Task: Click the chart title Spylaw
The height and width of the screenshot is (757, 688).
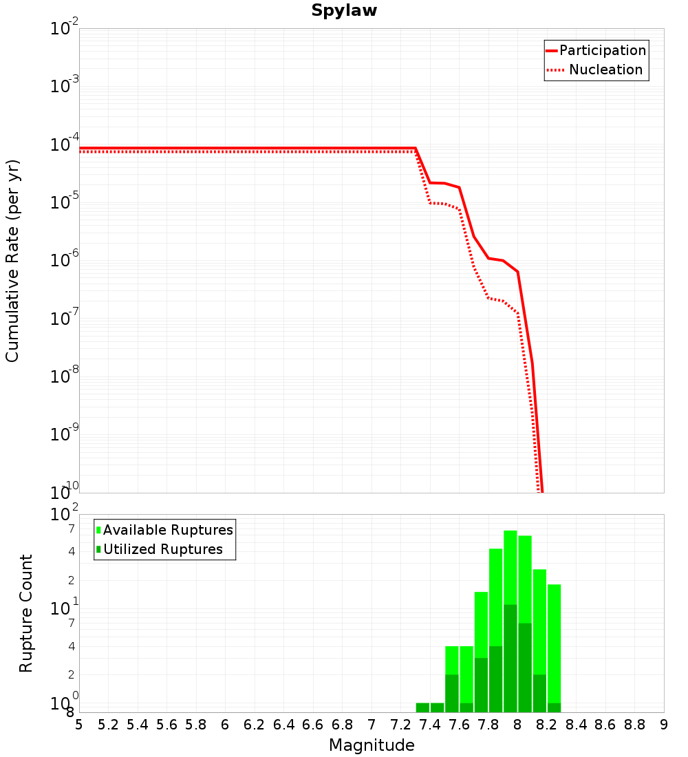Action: point(344,11)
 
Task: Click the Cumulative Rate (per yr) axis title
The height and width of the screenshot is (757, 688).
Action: point(12,261)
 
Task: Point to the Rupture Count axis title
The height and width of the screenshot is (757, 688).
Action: point(26,613)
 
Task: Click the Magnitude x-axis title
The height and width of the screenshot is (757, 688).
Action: point(372,745)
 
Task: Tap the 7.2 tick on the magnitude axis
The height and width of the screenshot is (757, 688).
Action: point(400,725)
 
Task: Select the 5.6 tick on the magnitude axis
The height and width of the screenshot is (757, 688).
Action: point(166,725)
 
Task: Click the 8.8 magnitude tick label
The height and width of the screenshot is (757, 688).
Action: point(634,725)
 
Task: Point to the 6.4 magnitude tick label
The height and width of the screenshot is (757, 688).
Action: point(283,725)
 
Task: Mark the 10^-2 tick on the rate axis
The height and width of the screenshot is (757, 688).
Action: point(65,29)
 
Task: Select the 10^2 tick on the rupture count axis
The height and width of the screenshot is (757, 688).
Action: point(65,515)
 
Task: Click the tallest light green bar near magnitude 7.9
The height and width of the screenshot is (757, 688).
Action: point(510,564)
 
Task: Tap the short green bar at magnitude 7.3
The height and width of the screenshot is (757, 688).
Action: point(422,707)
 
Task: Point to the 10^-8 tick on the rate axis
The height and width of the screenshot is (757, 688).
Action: point(65,376)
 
